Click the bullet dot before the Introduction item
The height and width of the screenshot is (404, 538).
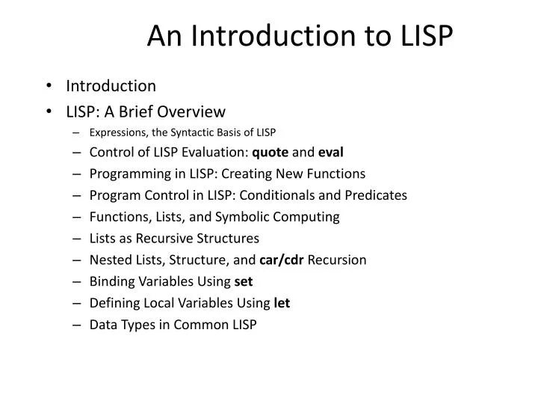48,86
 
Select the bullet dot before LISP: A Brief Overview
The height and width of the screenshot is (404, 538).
48,112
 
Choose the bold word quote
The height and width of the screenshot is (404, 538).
270,153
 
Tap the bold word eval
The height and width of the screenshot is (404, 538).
330,153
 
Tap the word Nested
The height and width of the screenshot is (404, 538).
108,260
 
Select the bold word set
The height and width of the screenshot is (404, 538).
244,282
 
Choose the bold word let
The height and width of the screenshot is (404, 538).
282,303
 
